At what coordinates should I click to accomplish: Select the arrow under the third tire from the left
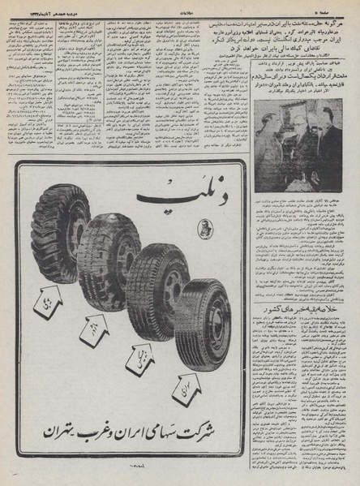pyautogui.click(x=137, y=358)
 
